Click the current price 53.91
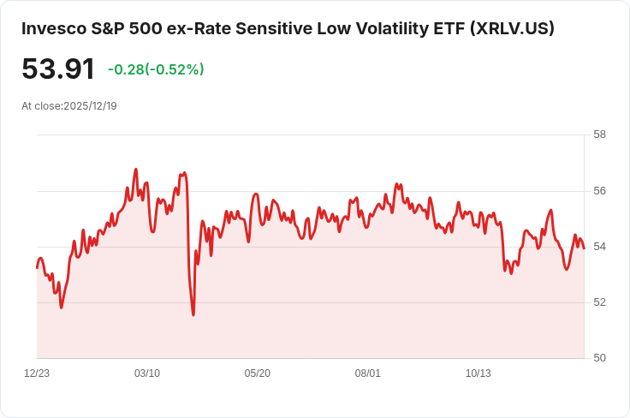58,69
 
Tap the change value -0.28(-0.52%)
156,69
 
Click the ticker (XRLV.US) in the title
513,28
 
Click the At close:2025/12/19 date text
69,106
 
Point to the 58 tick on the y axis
599,134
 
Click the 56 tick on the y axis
599,190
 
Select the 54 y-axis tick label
599,247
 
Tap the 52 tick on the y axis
599,302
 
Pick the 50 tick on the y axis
599,358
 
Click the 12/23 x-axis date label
37,373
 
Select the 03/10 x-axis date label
147,373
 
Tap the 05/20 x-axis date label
258,373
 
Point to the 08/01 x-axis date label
368,373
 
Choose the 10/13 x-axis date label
478,373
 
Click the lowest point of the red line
193,314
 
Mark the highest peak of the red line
136,170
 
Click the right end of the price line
584,248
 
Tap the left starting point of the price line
37,268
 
